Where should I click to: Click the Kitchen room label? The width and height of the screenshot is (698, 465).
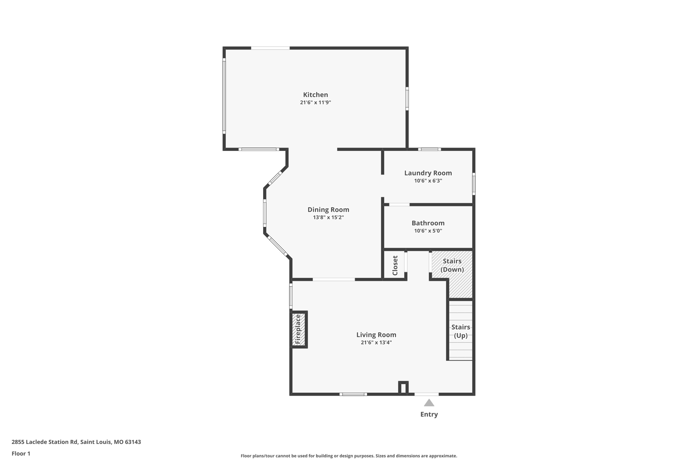(x=315, y=95)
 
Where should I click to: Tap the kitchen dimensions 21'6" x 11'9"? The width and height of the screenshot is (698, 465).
(x=315, y=103)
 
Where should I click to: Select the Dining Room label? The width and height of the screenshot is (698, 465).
(x=328, y=210)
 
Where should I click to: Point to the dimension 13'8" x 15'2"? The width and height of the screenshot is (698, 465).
(x=328, y=217)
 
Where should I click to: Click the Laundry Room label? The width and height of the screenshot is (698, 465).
(x=428, y=173)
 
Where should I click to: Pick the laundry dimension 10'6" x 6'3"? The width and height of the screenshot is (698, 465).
(x=428, y=181)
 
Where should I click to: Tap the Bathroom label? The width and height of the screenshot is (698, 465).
(x=428, y=223)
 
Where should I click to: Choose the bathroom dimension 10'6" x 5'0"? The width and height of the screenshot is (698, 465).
(x=428, y=231)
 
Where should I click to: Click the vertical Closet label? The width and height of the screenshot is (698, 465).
(x=395, y=265)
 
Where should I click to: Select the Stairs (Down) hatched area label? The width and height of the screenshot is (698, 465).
(x=452, y=265)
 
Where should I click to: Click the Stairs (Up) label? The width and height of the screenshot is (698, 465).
(x=460, y=331)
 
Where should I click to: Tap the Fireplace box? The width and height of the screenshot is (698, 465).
(x=298, y=329)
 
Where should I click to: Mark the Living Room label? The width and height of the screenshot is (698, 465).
(x=376, y=335)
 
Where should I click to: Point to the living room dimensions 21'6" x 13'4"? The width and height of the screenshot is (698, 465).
(x=376, y=343)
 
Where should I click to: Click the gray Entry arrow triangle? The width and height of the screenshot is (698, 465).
(x=429, y=403)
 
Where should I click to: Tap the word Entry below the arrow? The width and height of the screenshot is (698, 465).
(x=429, y=415)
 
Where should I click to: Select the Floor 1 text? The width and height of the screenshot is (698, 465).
(x=21, y=454)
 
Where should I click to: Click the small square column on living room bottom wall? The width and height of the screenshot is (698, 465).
(x=403, y=388)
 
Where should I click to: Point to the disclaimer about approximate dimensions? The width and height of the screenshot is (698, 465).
(x=349, y=456)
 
